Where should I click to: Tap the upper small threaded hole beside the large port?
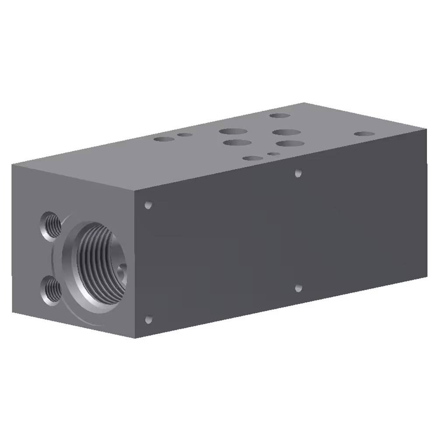(x=51, y=223)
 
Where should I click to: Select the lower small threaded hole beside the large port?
(x=52, y=290)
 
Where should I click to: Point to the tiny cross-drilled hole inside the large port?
(x=122, y=266)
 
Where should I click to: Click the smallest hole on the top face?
(x=273, y=154)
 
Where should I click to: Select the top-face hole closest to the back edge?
(x=280, y=116)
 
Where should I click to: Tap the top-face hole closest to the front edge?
(x=253, y=158)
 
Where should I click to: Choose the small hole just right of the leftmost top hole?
(x=185, y=134)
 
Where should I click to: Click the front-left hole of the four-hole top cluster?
(x=237, y=143)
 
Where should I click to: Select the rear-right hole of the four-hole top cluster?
(x=286, y=132)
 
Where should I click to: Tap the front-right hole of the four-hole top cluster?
(x=290, y=143)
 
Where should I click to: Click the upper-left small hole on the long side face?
(x=148, y=205)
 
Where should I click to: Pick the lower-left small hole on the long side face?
(x=148, y=319)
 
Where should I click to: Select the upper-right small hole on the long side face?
(x=298, y=173)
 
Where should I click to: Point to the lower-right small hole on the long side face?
(x=298, y=288)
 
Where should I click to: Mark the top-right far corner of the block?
(x=427, y=129)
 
